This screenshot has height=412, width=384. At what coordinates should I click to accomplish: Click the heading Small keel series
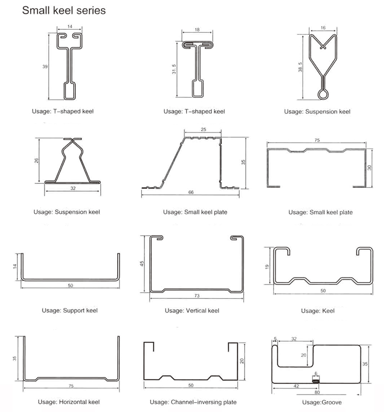pyautogui.click(x=63, y=10)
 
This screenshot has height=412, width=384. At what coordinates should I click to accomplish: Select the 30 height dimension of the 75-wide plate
pyautogui.click(x=370, y=167)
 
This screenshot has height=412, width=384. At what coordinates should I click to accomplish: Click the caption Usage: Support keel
pyautogui.click(x=70, y=310)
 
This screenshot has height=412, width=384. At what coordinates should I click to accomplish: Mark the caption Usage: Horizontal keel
pyautogui.click(x=69, y=402)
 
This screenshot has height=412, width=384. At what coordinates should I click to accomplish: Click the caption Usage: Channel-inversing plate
pyautogui.click(x=193, y=402)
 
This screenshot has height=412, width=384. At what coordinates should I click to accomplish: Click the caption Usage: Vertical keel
pyautogui.click(x=191, y=310)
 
